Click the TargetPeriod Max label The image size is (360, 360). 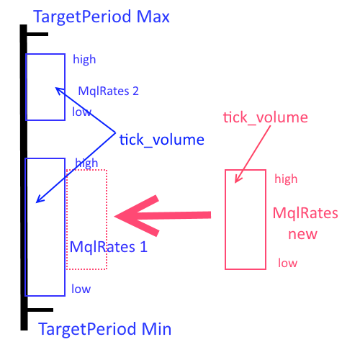coord(102,17)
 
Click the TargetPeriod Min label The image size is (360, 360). coord(105,329)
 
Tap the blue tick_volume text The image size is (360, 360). coord(162,140)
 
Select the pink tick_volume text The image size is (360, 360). coord(266,117)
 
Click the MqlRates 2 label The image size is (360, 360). coord(109,91)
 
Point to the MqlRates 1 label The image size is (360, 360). coord(109,247)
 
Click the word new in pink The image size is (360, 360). coord(302,234)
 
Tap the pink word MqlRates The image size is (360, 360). coord(305,213)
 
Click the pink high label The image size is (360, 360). coord(286,179)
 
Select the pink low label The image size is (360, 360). coord(288,263)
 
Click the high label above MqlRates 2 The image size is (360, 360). coord(84,60)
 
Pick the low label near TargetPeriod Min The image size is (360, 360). coord(81,289)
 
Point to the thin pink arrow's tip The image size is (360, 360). coord(235,183)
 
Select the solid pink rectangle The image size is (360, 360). coord(225,220)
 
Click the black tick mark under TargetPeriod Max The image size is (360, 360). coord(37,35)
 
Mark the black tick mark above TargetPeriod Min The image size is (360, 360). coord(40,310)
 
